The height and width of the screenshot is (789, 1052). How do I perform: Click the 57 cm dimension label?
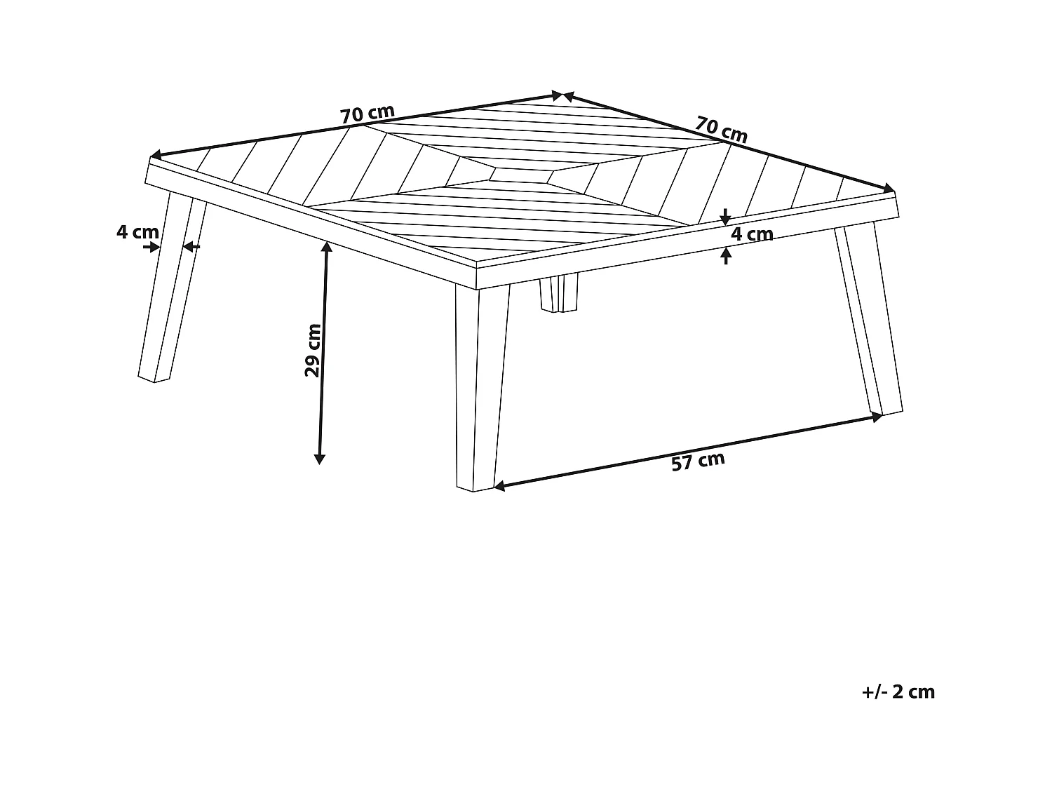698,461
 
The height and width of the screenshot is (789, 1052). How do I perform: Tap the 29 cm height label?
313,350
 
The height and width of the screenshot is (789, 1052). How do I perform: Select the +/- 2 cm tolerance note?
898,692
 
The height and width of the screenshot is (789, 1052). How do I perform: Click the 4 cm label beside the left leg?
137,231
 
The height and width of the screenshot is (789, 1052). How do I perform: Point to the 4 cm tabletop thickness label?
752,234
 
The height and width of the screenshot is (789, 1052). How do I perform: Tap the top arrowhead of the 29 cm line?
327,245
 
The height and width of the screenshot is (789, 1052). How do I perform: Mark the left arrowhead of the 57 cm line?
499,485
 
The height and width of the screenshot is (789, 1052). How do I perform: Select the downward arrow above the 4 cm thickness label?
726,217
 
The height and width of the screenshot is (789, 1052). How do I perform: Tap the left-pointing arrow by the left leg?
190,247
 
